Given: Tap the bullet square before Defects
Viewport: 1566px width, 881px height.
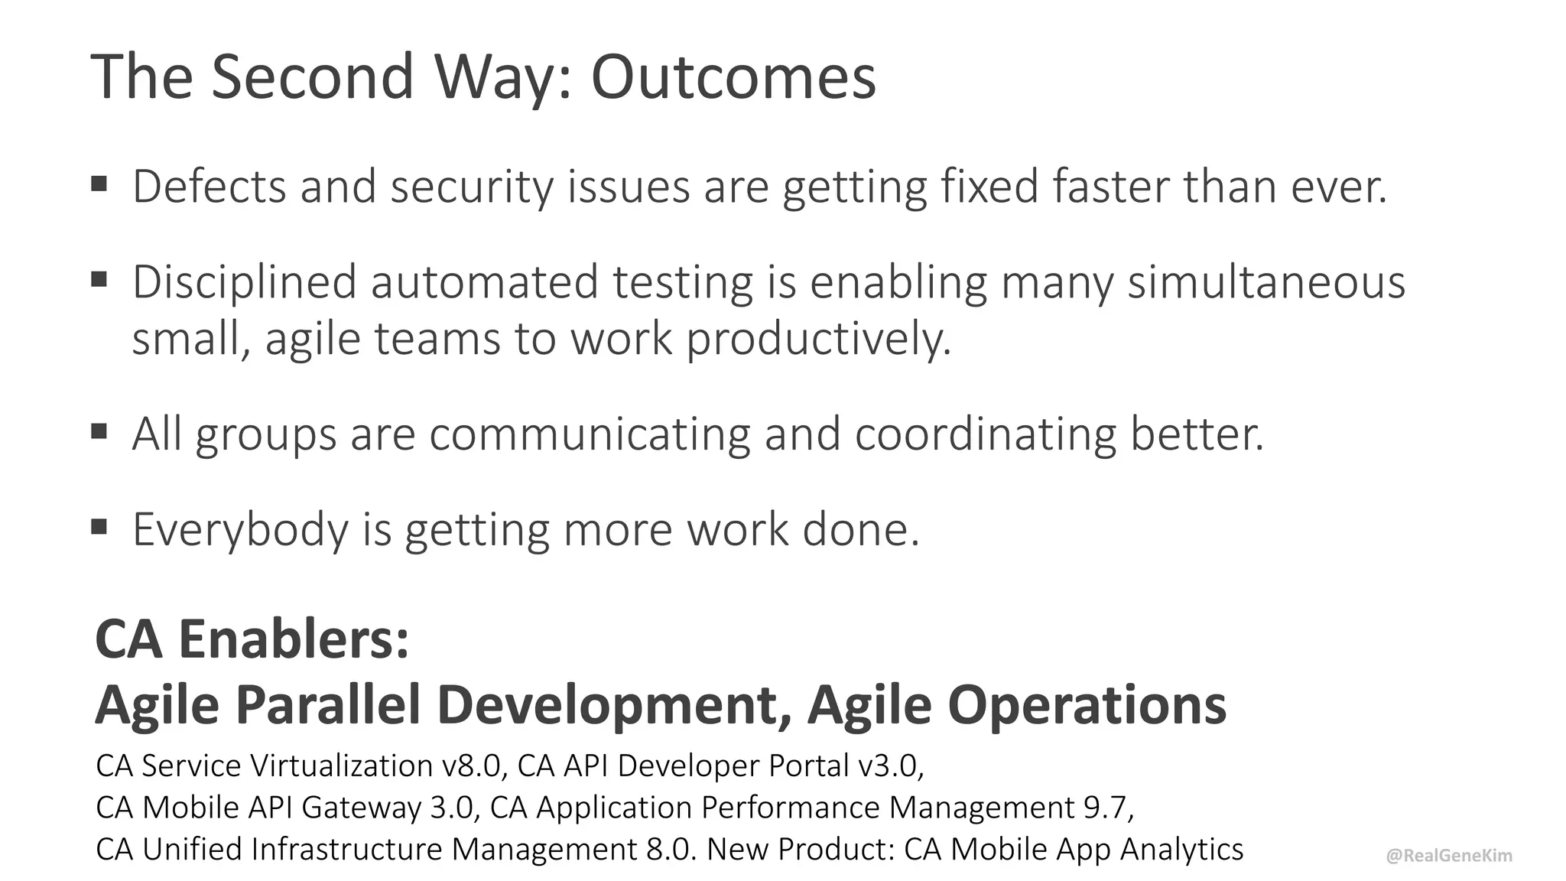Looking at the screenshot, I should pyautogui.click(x=99, y=184).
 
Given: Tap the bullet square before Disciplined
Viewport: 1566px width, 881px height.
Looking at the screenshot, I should pyautogui.click(x=99, y=279).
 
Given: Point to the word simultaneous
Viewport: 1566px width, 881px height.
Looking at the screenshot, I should pyautogui.click(x=1266, y=281).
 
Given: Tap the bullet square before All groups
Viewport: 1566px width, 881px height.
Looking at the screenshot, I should pyautogui.click(x=99, y=431).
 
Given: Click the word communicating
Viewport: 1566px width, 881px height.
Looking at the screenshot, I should pyautogui.click(x=589, y=434).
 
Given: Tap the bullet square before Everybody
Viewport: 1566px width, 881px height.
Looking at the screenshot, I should pyautogui.click(x=99, y=526).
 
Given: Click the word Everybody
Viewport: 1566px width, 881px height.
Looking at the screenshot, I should pyautogui.click(x=240, y=529).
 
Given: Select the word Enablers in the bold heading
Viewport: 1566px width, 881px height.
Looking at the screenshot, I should pyautogui.click(x=294, y=639).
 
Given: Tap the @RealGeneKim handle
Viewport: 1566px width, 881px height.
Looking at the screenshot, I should pyautogui.click(x=1449, y=856).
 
